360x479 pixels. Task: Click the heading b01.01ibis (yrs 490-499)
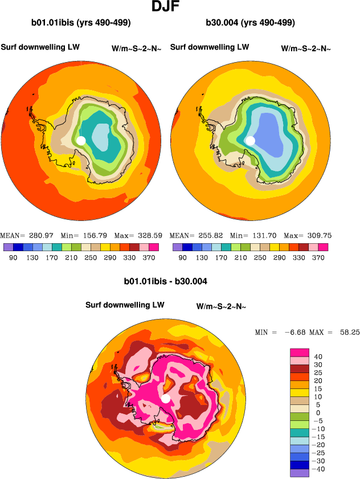click(x=81, y=23)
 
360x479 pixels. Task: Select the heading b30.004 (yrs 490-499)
click(x=250, y=23)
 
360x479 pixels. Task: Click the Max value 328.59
click(x=149, y=235)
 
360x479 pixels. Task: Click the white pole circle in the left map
click(x=81, y=140)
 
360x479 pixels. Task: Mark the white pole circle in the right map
click(x=250, y=140)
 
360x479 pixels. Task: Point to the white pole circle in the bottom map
click(x=166, y=398)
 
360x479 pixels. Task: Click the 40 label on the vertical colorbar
click(x=319, y=357)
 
